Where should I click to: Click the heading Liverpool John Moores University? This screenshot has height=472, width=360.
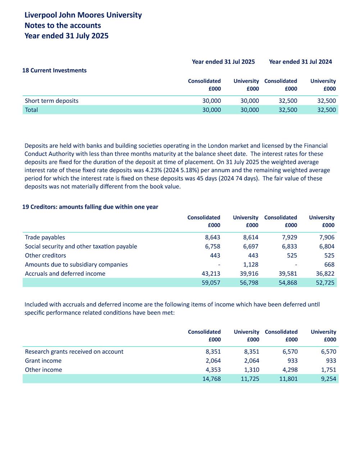83,15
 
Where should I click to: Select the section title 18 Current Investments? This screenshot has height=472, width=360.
54,71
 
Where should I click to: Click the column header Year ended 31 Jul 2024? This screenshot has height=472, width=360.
300,62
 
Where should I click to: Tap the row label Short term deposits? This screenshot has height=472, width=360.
51,101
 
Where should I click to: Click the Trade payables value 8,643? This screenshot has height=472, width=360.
213,237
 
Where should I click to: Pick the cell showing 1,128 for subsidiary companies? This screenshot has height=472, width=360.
250,264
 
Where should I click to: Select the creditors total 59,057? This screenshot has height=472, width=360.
211,283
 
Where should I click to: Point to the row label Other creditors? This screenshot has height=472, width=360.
45,255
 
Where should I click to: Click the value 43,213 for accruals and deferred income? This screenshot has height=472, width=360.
211,274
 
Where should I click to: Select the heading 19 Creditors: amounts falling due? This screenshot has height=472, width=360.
90,207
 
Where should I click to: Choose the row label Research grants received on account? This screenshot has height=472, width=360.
74,351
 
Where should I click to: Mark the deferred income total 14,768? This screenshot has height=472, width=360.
211,379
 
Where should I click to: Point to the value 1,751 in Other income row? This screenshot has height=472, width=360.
328,370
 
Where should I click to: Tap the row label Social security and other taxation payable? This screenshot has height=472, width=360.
81,246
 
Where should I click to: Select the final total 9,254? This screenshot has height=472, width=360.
328,379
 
